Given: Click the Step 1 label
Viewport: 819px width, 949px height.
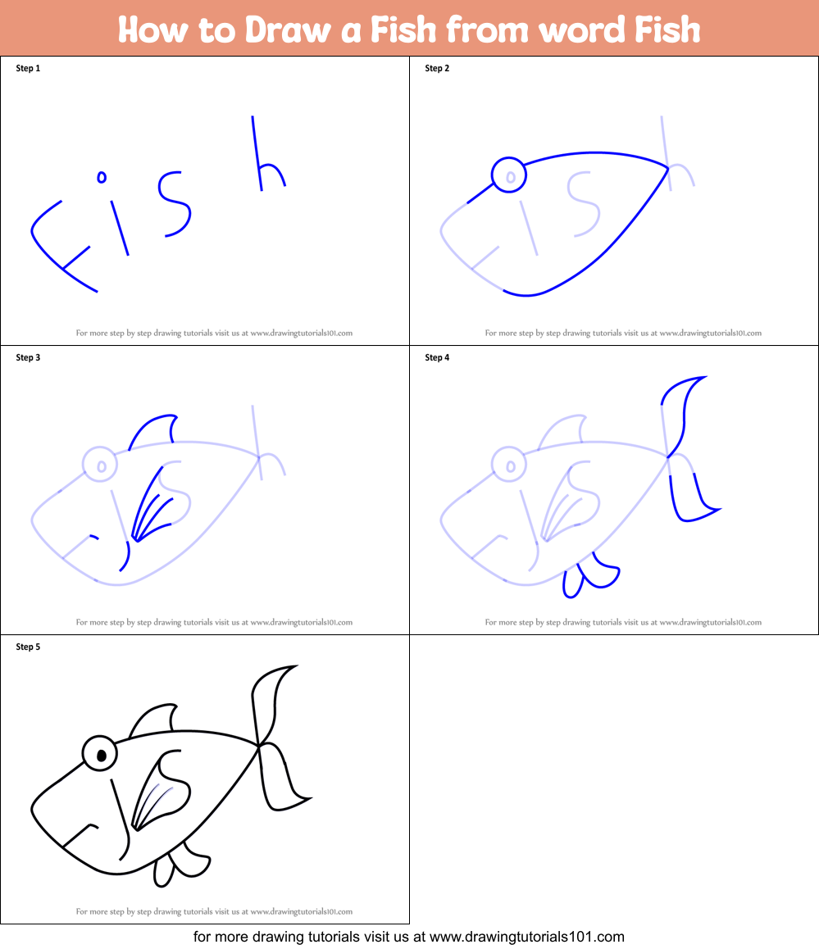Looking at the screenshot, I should pyautogui.click(x=28, y=68).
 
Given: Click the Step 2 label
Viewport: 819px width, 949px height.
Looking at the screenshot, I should pyautogui.click(x=437, y=68).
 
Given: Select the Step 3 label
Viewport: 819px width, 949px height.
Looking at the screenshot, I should pyautogui.click(x=28, y=357).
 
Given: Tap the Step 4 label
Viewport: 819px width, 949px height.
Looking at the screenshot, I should pyautogui.click(x=437, y=357).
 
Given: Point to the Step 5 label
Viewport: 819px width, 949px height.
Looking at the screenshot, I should pyautogui.click(x=28, y=647).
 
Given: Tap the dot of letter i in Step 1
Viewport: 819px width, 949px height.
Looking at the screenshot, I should pyautogui.click(x=102, y=176).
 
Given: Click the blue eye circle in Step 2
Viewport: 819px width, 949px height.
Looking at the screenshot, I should pyautogui.click(x=509, y=175).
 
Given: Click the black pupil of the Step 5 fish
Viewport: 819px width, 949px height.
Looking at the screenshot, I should pyautogui.click(x=102, y=756).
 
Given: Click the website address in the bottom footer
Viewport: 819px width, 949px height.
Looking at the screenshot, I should pyautogui.click(x=527, y=936).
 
